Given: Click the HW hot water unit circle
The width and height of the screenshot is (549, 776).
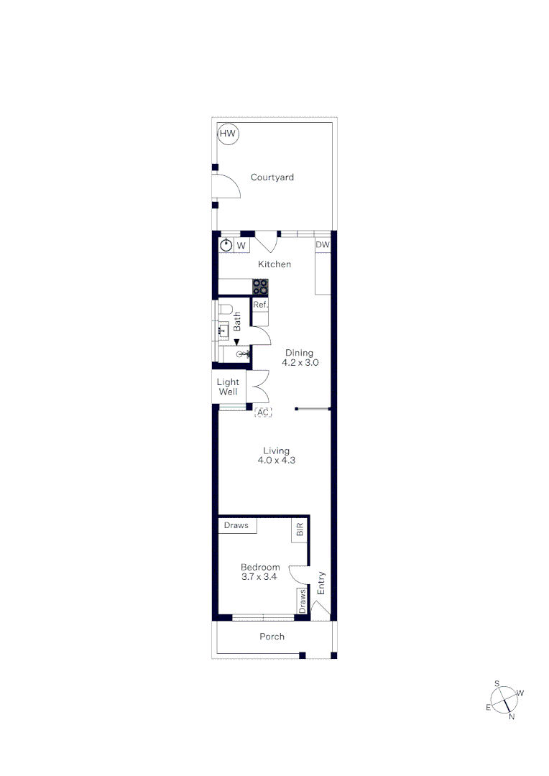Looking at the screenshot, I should pyautogui.click(x=228, y=134).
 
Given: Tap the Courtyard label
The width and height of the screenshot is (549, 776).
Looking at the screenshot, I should pyautogui.click(x=272, y=177).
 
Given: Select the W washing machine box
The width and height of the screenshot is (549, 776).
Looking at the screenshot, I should pyautogui.click(x=241, y=246).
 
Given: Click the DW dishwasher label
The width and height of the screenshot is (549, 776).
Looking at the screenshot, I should pyautogui.click(x=323, y=245).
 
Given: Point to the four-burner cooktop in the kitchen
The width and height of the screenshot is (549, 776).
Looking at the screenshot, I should pyautogui.click(x=260, y=287).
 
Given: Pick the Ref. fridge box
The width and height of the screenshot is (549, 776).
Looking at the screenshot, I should pyautogui.click(x=260, y=305).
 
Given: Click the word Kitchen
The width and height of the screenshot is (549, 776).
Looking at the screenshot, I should pyautogui.click(x=274, y=264).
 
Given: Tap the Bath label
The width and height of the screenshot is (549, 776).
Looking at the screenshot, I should pyautogui.click(x=237, y=320).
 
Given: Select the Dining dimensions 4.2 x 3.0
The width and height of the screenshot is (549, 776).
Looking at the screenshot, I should pyautogui.click(x=300, y=364).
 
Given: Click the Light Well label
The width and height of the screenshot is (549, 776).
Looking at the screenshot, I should pyautogui.click(x=228, y=387).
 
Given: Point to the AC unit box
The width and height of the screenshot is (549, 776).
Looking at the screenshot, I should pyautogui.click(x=264, y=412).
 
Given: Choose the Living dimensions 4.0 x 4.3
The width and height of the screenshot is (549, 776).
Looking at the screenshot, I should pyautogui.click(x=276, y=461).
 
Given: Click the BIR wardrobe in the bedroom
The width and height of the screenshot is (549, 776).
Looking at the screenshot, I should pyautogui.click(x=300, y=530).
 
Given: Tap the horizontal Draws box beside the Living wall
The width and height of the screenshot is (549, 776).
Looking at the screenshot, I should pyautogui.click(x=236, y=525).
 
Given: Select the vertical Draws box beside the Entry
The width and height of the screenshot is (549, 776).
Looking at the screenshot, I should pyautogui.click(x=303, y=600).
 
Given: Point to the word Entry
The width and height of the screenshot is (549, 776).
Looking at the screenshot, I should pyautogui.click(x=321, y=583).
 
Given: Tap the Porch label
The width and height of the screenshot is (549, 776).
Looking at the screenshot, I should pyautogui.click(x=272, y=637).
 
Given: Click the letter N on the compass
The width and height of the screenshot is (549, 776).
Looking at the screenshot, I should pyautogui.click(x=512, y=716).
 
